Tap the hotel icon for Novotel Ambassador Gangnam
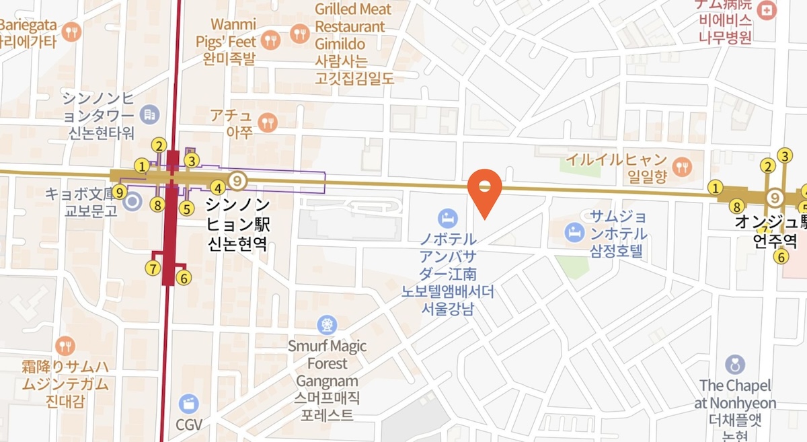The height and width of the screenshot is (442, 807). coord(447,217)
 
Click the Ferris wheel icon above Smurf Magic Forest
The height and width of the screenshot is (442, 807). coord(328,325)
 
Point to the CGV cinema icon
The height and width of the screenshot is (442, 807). coord(189,403)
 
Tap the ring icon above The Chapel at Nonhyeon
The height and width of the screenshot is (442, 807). coord(735,365)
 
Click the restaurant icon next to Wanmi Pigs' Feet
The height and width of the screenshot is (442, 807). coord(271,40)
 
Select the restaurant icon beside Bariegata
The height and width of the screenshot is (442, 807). coord(71,31)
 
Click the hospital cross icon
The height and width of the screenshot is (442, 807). coord(766,10)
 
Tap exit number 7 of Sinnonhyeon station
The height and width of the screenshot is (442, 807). coord(153,269)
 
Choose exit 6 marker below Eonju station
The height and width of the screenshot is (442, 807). coord(781,256)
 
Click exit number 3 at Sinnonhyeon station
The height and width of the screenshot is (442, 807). coord(192,161)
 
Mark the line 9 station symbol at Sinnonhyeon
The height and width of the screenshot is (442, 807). coord(237,180)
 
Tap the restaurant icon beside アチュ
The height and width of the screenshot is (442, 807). coord(268,122)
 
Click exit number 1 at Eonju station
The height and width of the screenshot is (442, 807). coord(716,188)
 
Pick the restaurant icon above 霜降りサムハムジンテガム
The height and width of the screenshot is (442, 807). coord(65,346)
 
